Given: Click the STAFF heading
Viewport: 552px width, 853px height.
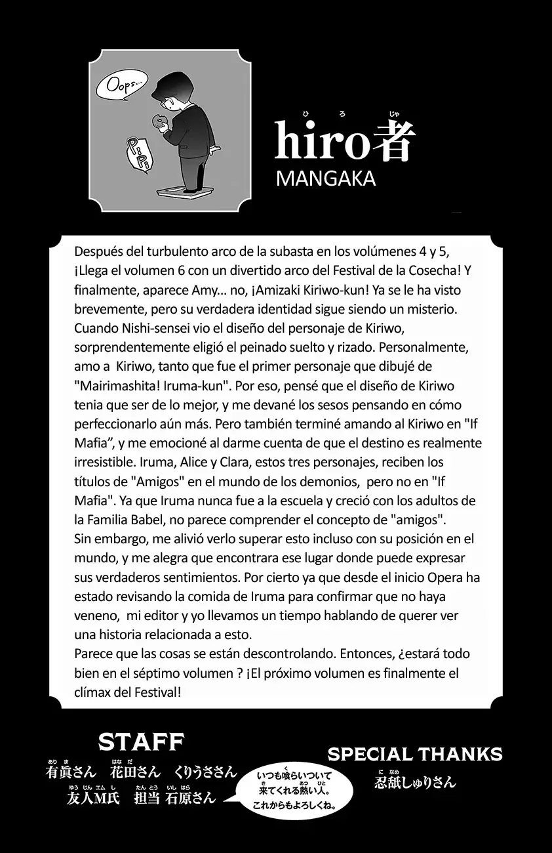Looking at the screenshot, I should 141,742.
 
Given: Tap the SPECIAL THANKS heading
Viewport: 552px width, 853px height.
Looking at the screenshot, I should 414,754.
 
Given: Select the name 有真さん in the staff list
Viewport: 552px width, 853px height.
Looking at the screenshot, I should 71,772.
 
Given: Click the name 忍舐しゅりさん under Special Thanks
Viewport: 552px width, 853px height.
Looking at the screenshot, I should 414,782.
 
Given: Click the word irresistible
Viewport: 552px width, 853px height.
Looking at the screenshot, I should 108,461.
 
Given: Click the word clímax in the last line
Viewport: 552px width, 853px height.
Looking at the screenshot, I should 94,692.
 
